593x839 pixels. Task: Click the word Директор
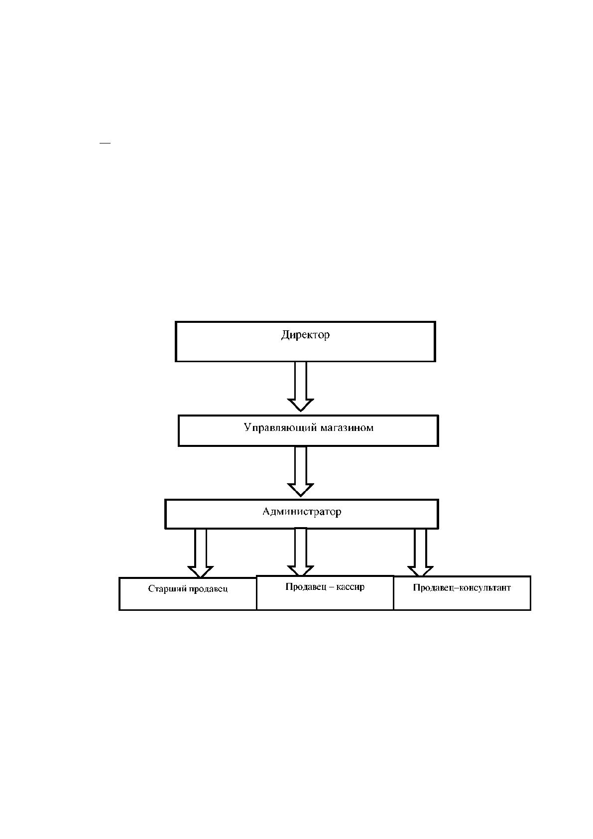tap(306, 334)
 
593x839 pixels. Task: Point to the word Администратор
tap(302, 512)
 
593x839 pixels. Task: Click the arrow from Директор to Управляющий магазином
tap(301, 386)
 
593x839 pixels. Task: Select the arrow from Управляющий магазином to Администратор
tap(301, 471)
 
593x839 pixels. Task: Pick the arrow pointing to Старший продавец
tap(201, 553)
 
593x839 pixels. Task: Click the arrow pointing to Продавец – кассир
tap(301, 552)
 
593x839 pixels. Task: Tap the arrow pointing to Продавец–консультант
tap(420, 553)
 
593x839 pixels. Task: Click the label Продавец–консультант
tap(462, 588)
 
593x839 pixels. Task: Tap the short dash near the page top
tap(105, 142)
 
